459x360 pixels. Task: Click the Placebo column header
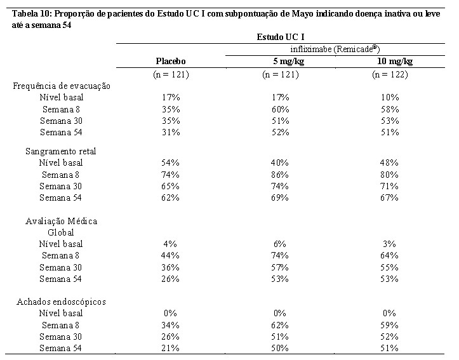coord(171,61)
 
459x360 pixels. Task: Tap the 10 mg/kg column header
coord(395,62)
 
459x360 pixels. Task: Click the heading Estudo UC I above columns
coord(281,37)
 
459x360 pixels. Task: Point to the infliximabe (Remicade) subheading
coord(335,49)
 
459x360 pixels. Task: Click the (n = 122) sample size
coord(390,75)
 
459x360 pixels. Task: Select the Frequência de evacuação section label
coord(62,86)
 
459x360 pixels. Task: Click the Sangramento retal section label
coord(60,151)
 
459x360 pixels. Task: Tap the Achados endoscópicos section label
coord(61,302)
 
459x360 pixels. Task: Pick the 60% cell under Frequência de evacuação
coord(281,109)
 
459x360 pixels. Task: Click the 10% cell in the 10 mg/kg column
coord(390,98)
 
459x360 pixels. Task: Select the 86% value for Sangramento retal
coord(280,175)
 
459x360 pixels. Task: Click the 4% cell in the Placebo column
coord(170,244)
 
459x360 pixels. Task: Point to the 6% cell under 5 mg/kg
coord(280,244)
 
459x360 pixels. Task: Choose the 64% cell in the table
coord(389,255)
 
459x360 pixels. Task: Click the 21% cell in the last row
coord(170,349)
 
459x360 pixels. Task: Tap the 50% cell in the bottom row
coord(280,349)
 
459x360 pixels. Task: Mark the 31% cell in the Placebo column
coord(171,132)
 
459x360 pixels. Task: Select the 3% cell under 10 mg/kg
coord(389,244)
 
